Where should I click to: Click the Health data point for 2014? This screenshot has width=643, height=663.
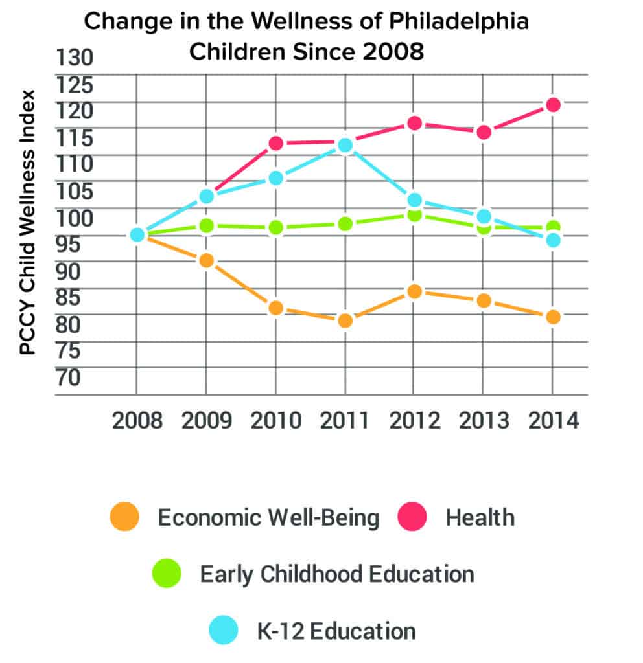click(x=552, y=105)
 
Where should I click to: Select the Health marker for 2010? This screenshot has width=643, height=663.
click(x=276, y=143)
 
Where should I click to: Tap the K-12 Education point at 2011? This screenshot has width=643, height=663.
click(x=345, y=145)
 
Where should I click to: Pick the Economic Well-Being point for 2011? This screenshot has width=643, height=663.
click(x=345, y=320)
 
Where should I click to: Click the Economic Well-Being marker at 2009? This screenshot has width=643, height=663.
click(x=206, y=261)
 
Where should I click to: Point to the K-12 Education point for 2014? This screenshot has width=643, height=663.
click(x=552, y=240)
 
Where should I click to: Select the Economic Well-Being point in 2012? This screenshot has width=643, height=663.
click(x=414, y=291)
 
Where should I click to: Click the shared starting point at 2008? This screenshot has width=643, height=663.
click(x=137, y=234)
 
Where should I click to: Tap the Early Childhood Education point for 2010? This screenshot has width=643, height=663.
click(x=276, y=227)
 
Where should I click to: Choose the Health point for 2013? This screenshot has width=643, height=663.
click(x=483, y=132)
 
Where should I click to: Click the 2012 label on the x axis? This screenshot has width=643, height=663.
click(x=414, y=421)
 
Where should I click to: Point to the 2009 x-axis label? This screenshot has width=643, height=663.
click(x=206, y=421)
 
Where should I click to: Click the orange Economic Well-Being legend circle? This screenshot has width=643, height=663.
click(x=125, y=517)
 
